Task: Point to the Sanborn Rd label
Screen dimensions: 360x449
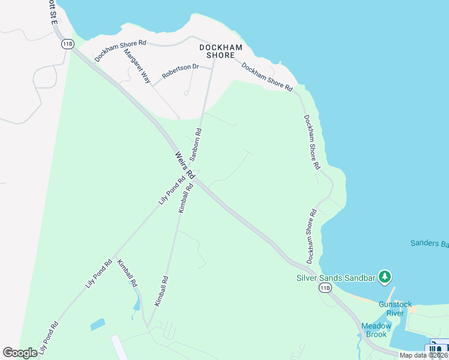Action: tap(196, 144)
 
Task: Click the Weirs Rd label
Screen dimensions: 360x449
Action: tap(184, 164)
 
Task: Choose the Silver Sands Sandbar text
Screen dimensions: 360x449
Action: tap(336, 278)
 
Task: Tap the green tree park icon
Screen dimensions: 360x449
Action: tap(385, 277)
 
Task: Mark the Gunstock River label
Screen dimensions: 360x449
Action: tap(395, 308)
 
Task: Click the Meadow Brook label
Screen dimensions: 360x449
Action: tap(376, 330)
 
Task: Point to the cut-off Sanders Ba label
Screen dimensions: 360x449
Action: tap(429, 243)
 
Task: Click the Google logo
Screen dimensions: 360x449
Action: tap(20, 353)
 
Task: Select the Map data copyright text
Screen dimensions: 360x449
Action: tap(424, 355)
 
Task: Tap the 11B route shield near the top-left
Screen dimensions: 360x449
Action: tap(67, 44)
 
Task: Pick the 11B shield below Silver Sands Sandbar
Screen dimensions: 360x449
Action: tap(325, 288)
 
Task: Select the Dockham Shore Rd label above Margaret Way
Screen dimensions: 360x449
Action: tap(120, 51)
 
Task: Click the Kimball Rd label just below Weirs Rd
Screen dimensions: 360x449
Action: tap(185, 199)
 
